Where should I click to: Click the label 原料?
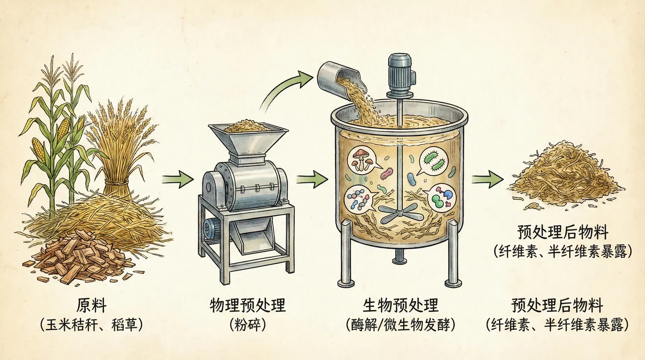pyautogui.click(x=91, y=306)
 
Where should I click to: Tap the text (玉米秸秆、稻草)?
pyautogui.click(x=91, y=325)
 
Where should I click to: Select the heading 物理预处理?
pyautogui.click(x=248, y=306)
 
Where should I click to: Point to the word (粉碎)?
pyautogui.click(x=248, y=325)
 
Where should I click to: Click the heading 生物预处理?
pyautogui.click(x=400, y=306)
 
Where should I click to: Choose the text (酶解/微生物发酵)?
pyautogui.click(x=400, y=325)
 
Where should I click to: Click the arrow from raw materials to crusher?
pyautogui.click(x=178, y=179)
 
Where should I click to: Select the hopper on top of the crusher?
pyautogui.click(x=248, y=138)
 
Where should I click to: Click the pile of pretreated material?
pyautogui.click(x=564, y=178)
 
